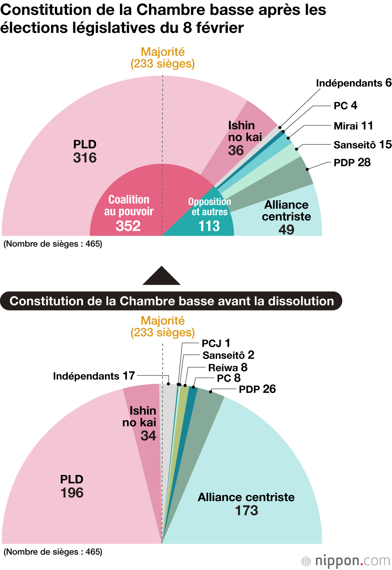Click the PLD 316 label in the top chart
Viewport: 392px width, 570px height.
coord(85,152)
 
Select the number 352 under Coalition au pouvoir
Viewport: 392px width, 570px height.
coord(128,226)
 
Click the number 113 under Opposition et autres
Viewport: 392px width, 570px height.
coord(209,226)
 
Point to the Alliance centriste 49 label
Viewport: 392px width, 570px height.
coord(286,217)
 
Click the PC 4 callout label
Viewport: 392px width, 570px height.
coord(345,105)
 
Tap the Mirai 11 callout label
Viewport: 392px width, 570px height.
coord(353,126)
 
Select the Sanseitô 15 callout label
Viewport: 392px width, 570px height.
coord(362,144)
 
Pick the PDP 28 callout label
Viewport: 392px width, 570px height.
coord(352,162)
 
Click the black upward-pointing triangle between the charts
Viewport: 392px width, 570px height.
coord(162,276)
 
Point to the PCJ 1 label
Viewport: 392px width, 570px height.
coord(216,343)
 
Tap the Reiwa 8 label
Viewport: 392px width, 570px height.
coord(228,368)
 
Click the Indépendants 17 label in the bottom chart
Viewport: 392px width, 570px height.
coord(94,376)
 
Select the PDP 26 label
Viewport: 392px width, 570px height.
coord(257,389)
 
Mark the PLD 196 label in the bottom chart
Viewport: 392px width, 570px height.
coord(72,486)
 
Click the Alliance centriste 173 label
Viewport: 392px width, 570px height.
coord(246,504)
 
